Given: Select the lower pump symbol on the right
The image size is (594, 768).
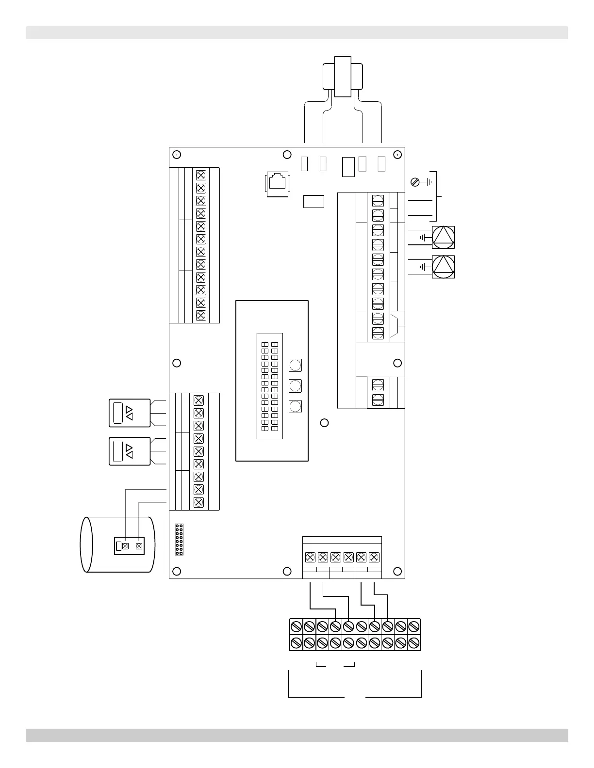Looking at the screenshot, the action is tap(444, 267).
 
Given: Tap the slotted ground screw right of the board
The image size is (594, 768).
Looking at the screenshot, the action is tap(415, 182).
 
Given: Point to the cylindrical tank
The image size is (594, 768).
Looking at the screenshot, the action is tap(117, 544).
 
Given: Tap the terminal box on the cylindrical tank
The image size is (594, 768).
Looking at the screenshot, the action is tap(130, 546).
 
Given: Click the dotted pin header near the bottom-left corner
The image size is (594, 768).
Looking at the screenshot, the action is tap(179, 539).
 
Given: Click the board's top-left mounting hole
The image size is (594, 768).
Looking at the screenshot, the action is tap(177, 155).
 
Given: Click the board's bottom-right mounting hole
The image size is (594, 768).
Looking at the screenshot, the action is tap(397, 572).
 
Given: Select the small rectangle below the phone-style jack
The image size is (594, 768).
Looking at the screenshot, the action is tap(313, 201).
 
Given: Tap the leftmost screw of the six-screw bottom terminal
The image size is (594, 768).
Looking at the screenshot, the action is tap(311, 558).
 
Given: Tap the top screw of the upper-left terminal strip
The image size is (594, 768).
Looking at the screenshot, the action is tap(201, 175).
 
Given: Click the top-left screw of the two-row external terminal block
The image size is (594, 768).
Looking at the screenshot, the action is tap(296, 626).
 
